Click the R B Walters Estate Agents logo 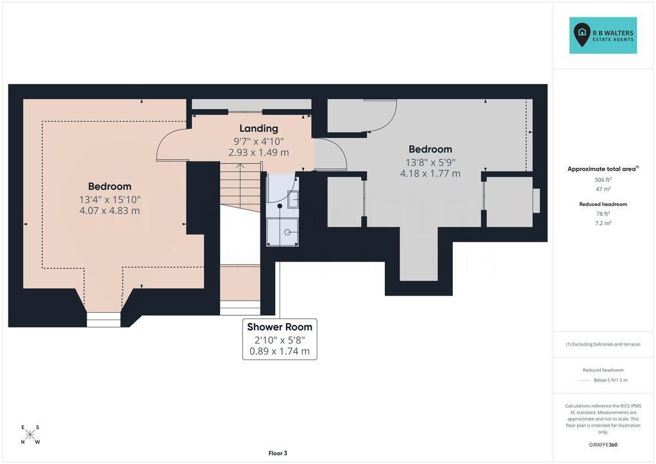[603, 35]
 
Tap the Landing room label [258, 128]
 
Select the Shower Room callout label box [280, 339]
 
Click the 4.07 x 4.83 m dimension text [110, 211]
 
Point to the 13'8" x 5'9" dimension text [430, 162]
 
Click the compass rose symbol [29, 435]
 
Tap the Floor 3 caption [278, 453]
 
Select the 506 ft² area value [603, 179]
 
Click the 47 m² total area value [603, 189]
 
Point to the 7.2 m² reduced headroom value [603, 223]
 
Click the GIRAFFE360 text [603, 445]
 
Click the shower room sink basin [293, 199]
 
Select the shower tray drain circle [287, 232]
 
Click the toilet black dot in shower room [280, 206]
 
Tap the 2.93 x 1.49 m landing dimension [258, 153]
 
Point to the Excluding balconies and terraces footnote [603, 344]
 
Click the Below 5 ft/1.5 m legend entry [610, 380]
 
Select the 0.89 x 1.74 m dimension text [280, 351]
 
